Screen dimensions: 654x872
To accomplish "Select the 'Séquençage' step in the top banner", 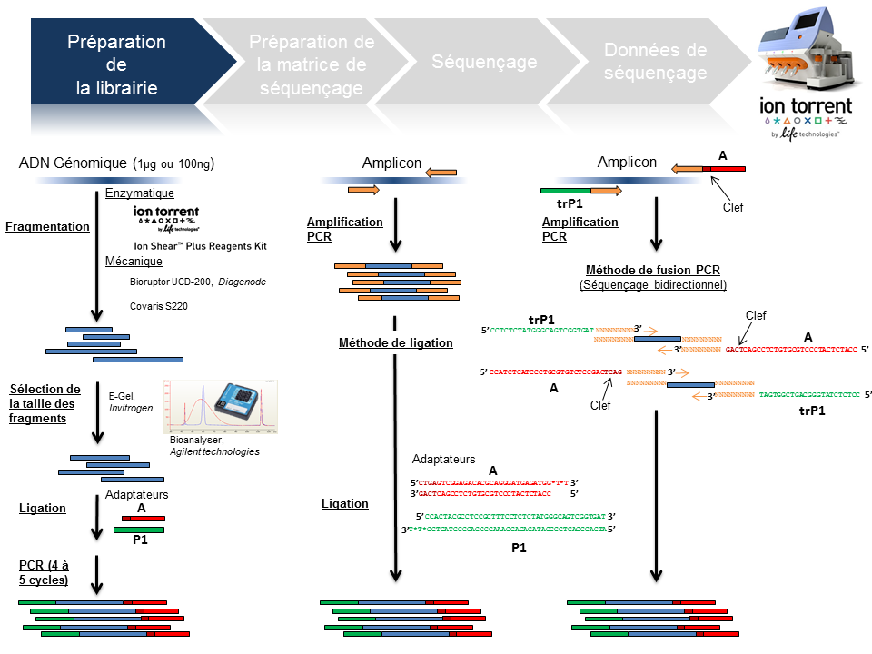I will (483, 63).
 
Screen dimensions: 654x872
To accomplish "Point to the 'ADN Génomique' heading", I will (116, 163).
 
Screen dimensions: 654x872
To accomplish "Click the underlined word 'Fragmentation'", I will (47, 226).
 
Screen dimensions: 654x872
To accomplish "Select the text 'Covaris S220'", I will (159, 306).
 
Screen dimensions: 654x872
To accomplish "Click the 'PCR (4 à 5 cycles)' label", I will (45, 573).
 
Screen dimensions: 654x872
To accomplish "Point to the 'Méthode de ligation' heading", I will (395, 342).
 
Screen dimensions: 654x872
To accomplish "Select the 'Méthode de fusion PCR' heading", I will (652, 270).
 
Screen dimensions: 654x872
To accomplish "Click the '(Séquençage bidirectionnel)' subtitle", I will (652, 284).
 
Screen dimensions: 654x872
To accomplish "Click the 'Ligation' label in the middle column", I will (345, 503).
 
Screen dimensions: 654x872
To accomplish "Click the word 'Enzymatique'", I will (139, 193).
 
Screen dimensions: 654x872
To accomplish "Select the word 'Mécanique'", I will (134, 262).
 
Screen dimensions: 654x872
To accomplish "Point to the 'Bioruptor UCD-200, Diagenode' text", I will (198, 282).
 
